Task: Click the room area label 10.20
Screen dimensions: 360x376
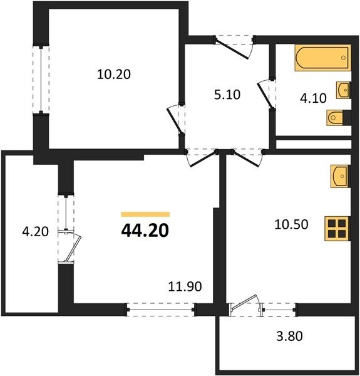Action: click(x=114, y=75)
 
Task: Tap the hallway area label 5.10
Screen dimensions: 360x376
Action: click(x=227, y=95)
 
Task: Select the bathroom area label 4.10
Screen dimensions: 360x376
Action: click(x=313, y=98)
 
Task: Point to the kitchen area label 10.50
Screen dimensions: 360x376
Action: click(x=291, y=225)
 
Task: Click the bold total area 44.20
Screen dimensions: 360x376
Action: click(x=145, y=231)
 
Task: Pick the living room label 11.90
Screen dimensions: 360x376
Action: click(x=185, y=286)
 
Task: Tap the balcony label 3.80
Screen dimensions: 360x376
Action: click(x=290, y=336)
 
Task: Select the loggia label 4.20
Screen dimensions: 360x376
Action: click(x=35, y=232)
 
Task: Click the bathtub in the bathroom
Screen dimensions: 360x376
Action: click(x=322, y=58)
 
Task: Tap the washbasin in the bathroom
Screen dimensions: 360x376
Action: click(x=343, y=90)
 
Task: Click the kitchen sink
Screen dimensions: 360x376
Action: click(x=340, y=176)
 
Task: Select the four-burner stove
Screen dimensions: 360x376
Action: click(x=337, y=229)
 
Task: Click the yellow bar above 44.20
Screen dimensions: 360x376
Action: click(x=145, y=214)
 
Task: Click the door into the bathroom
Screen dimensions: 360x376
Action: click(x=266, y=95)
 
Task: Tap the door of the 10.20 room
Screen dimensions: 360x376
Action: click(x=176, y=119)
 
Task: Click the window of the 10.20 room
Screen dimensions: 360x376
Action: click(x=41, y=80)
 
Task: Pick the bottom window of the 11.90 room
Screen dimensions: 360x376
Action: click(x=161, y=310)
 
